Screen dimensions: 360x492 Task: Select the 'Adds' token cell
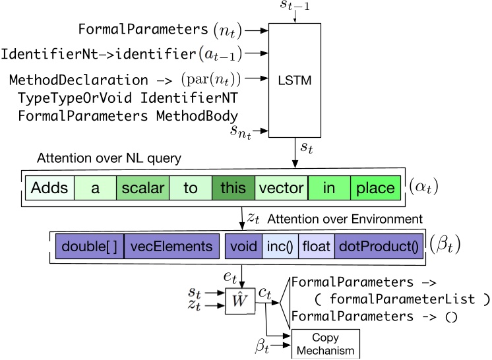pos(49,189)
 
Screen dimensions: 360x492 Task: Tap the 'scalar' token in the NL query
pos(142,189)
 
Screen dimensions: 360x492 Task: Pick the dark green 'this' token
pos(233,189)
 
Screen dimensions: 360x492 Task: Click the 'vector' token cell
pos(281,189)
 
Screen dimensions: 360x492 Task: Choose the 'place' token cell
pos(375,189)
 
